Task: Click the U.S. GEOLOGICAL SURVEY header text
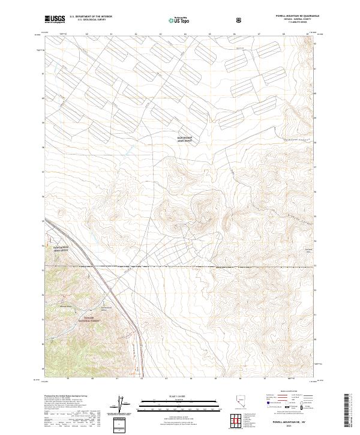coord(88,20)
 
